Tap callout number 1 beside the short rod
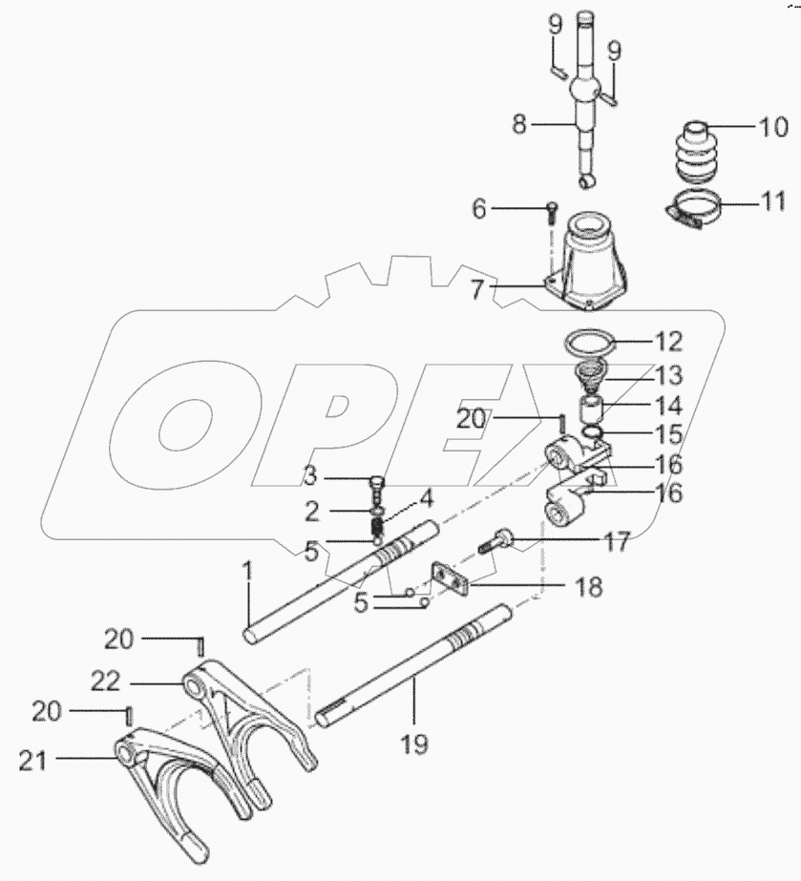248,573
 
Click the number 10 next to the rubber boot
772,126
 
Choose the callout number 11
771,202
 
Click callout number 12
667,339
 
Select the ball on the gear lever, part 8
582,93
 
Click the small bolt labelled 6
552,211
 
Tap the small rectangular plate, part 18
449,579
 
